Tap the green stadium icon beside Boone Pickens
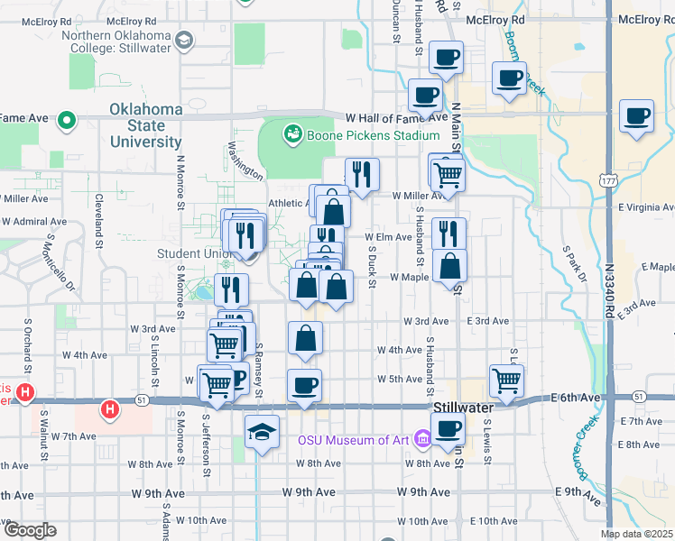pos(292,135)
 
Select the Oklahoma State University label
pos(146,125)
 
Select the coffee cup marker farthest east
pos(637,117)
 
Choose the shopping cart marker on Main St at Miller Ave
pos(447,175)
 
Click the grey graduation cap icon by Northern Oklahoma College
pos(185,40)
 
